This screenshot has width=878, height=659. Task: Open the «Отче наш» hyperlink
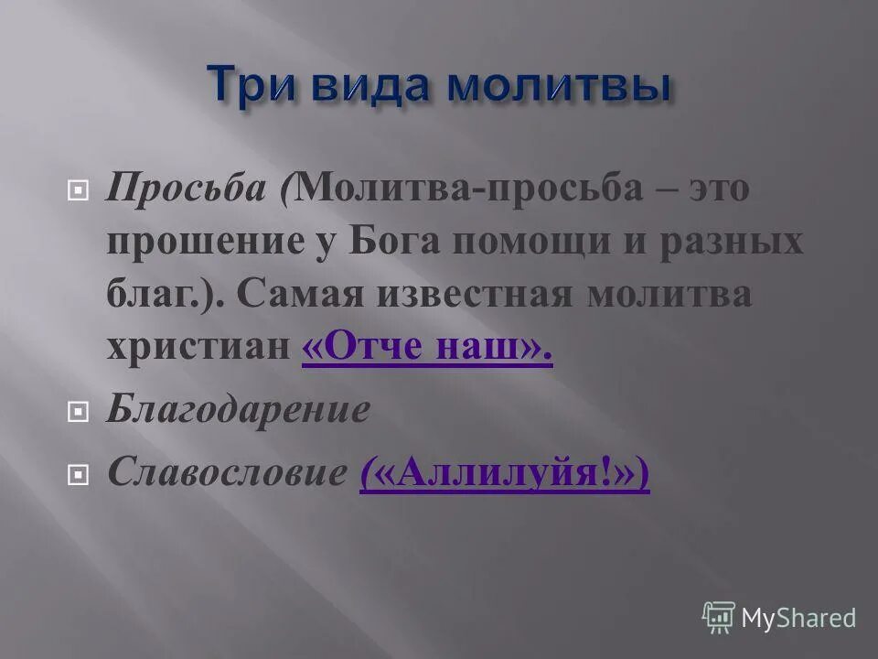(x=427, y=348)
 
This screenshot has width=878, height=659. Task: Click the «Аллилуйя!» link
(x=504, y=473)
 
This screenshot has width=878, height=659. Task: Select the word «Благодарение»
(x=238, y=410)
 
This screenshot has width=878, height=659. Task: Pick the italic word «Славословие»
(x=225, y=472)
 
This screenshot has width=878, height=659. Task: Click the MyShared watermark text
(x=798, y=619)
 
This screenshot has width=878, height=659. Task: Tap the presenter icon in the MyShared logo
(x=719, y=618)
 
